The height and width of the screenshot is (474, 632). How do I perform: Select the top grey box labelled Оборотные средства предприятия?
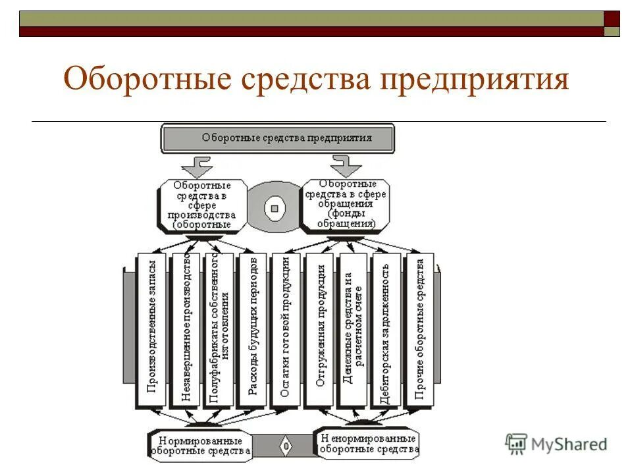coord(277,138)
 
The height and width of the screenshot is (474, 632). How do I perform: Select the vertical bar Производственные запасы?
coord(152,329)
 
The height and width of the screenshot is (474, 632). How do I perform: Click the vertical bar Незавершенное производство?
coord(186,329)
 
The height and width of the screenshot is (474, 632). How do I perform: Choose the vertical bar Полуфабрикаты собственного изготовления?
coord(219,329)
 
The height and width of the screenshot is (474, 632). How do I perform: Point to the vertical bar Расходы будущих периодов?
coord(253,329)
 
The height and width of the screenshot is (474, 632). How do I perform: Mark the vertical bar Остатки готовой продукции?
coord(286,329)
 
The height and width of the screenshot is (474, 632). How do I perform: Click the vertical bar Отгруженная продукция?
coord(319,329)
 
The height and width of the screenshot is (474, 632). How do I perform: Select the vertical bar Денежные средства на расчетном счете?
coord(353,329)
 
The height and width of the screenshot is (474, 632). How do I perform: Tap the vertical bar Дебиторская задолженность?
coord(386,329)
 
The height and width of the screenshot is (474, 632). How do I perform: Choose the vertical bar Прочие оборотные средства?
coord(419,329)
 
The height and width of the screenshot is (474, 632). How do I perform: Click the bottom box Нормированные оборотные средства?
coord(200,446)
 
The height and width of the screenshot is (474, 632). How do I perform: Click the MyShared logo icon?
coord(516,444)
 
